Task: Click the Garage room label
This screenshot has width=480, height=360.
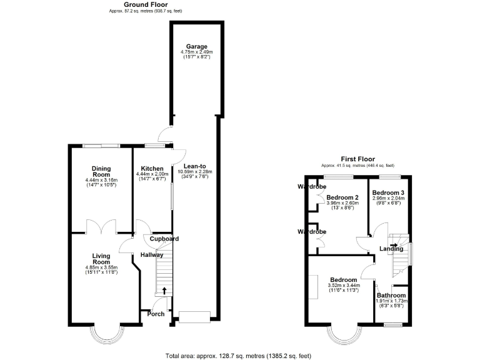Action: coord(194,46)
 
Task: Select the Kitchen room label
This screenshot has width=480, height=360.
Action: coord(152,169)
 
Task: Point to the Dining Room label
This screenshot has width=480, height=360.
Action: coord(101,171)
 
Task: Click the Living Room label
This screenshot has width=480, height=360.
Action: coord(101,259)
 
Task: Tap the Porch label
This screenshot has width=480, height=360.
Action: coord(156,314)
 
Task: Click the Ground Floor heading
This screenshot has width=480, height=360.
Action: coord(146,4)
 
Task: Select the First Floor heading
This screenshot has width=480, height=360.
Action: coord(357,159)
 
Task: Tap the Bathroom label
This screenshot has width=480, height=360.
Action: coord(391,296)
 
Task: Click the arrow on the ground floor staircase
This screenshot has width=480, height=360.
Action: coord(164,290)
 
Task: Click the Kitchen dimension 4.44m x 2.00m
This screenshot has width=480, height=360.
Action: coord(152,175)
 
